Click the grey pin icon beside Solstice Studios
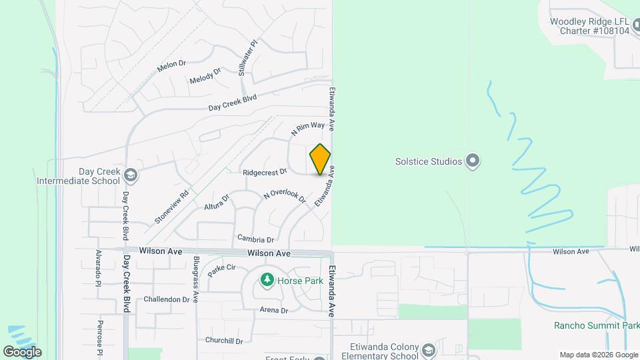473,161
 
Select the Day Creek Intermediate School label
79,176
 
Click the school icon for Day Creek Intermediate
131,175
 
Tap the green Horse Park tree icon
267,280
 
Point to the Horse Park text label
299,281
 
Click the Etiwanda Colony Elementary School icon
427,350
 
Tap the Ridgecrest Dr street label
265,171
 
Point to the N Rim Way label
308,128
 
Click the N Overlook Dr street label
285,196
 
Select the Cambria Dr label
255,239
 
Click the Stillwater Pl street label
247,58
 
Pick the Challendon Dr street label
167,299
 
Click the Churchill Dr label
226,341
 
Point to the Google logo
22,351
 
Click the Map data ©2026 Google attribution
598,355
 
